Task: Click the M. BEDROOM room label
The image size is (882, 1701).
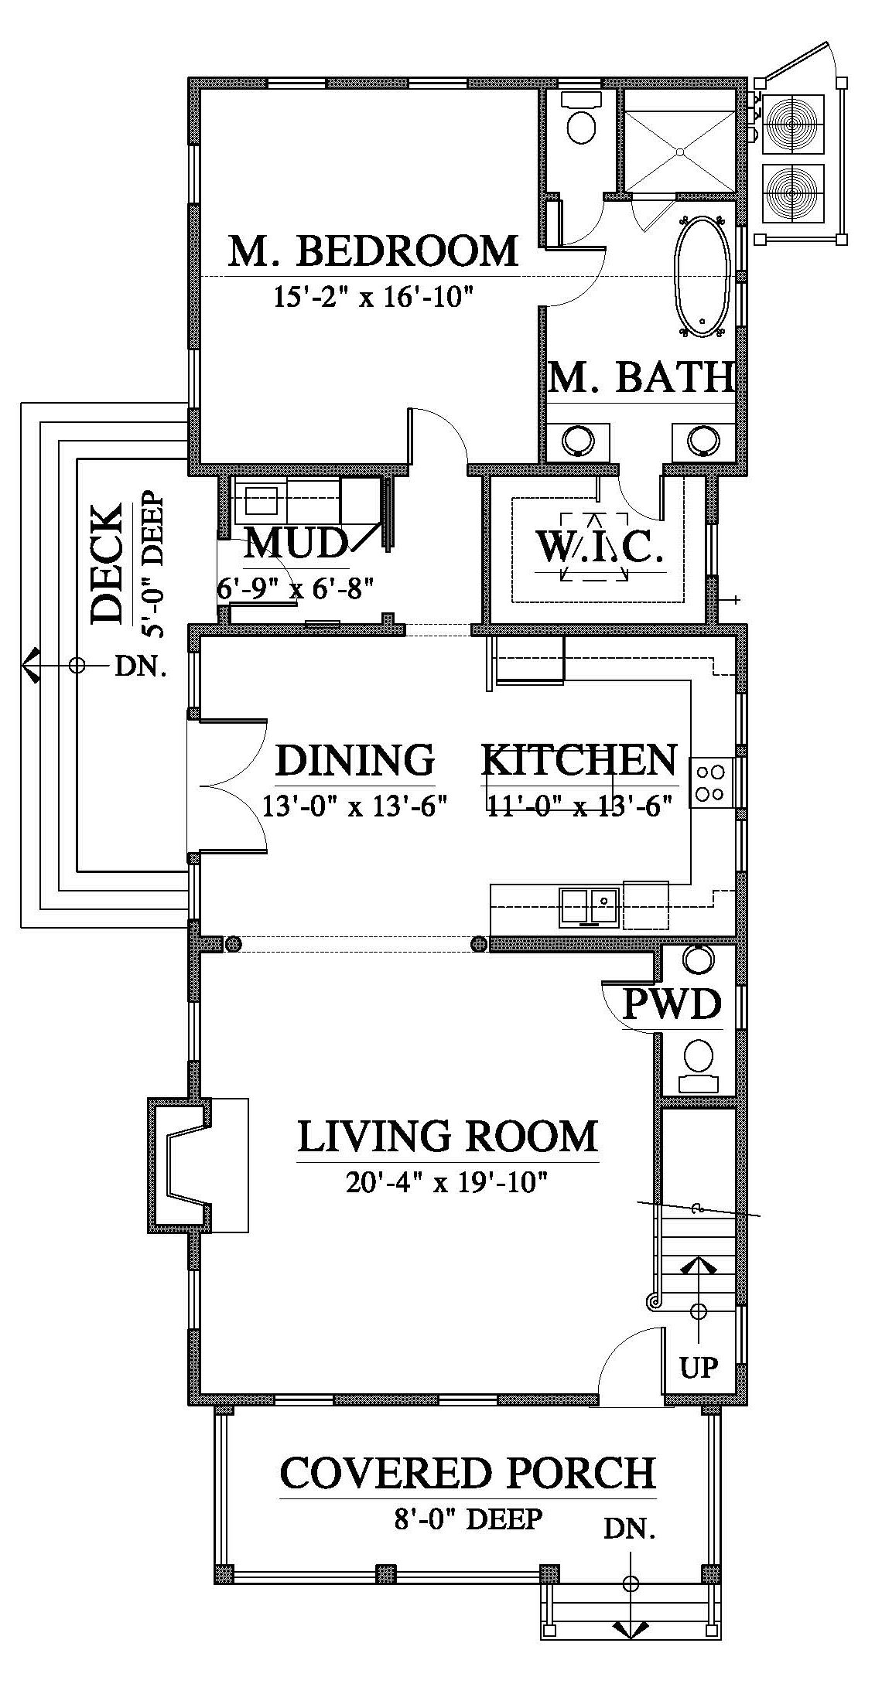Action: point(373,251)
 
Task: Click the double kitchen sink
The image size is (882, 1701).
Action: point(590,907)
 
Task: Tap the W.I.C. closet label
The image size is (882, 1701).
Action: point(600,548)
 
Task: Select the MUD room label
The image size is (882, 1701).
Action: point(295,544)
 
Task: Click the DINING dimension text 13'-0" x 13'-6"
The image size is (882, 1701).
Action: point(355,806)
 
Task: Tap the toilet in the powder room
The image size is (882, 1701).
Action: point(699,1066)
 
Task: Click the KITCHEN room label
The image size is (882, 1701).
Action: point(579,761)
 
